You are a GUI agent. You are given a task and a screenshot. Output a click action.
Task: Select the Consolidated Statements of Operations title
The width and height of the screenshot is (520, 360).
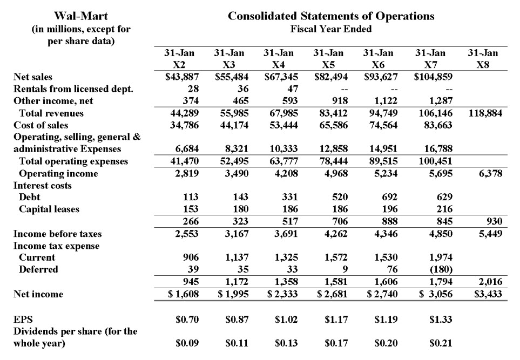click(330, 16)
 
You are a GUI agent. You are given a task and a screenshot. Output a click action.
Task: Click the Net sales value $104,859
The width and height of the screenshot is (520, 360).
click(433, 77)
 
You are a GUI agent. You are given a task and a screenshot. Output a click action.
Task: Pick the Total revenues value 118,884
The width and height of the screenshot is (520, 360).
click(484, 113)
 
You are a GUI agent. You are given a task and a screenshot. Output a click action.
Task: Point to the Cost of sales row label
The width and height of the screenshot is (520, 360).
click(41, 125)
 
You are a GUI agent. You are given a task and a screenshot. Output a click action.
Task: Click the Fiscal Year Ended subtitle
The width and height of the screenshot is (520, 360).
click(330, 29)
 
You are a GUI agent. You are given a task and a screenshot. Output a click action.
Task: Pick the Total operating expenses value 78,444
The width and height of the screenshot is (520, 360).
click(329, 161)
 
